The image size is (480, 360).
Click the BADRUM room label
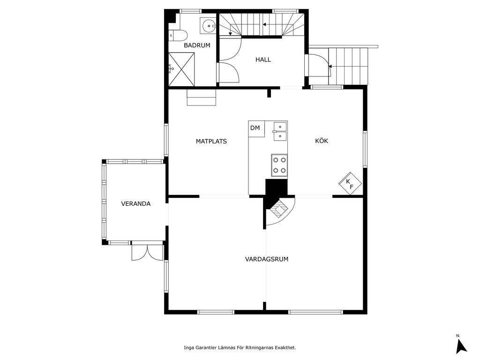point(197,45)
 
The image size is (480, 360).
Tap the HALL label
point(263,60)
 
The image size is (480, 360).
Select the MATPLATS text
point(211,141)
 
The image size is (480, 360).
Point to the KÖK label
point(322,141)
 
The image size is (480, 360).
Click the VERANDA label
point(135,203)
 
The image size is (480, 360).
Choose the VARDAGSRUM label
point(267,259)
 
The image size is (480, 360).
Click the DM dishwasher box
point(256,129)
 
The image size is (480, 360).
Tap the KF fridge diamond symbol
point(350,184)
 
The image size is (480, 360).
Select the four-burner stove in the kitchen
point(279,165)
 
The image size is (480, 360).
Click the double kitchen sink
point(280,131)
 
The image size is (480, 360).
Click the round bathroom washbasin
point(209,25)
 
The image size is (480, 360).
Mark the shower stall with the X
point(181,69)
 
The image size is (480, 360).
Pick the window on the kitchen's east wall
point(365,149)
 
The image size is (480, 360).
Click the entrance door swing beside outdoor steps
point(320,65)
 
